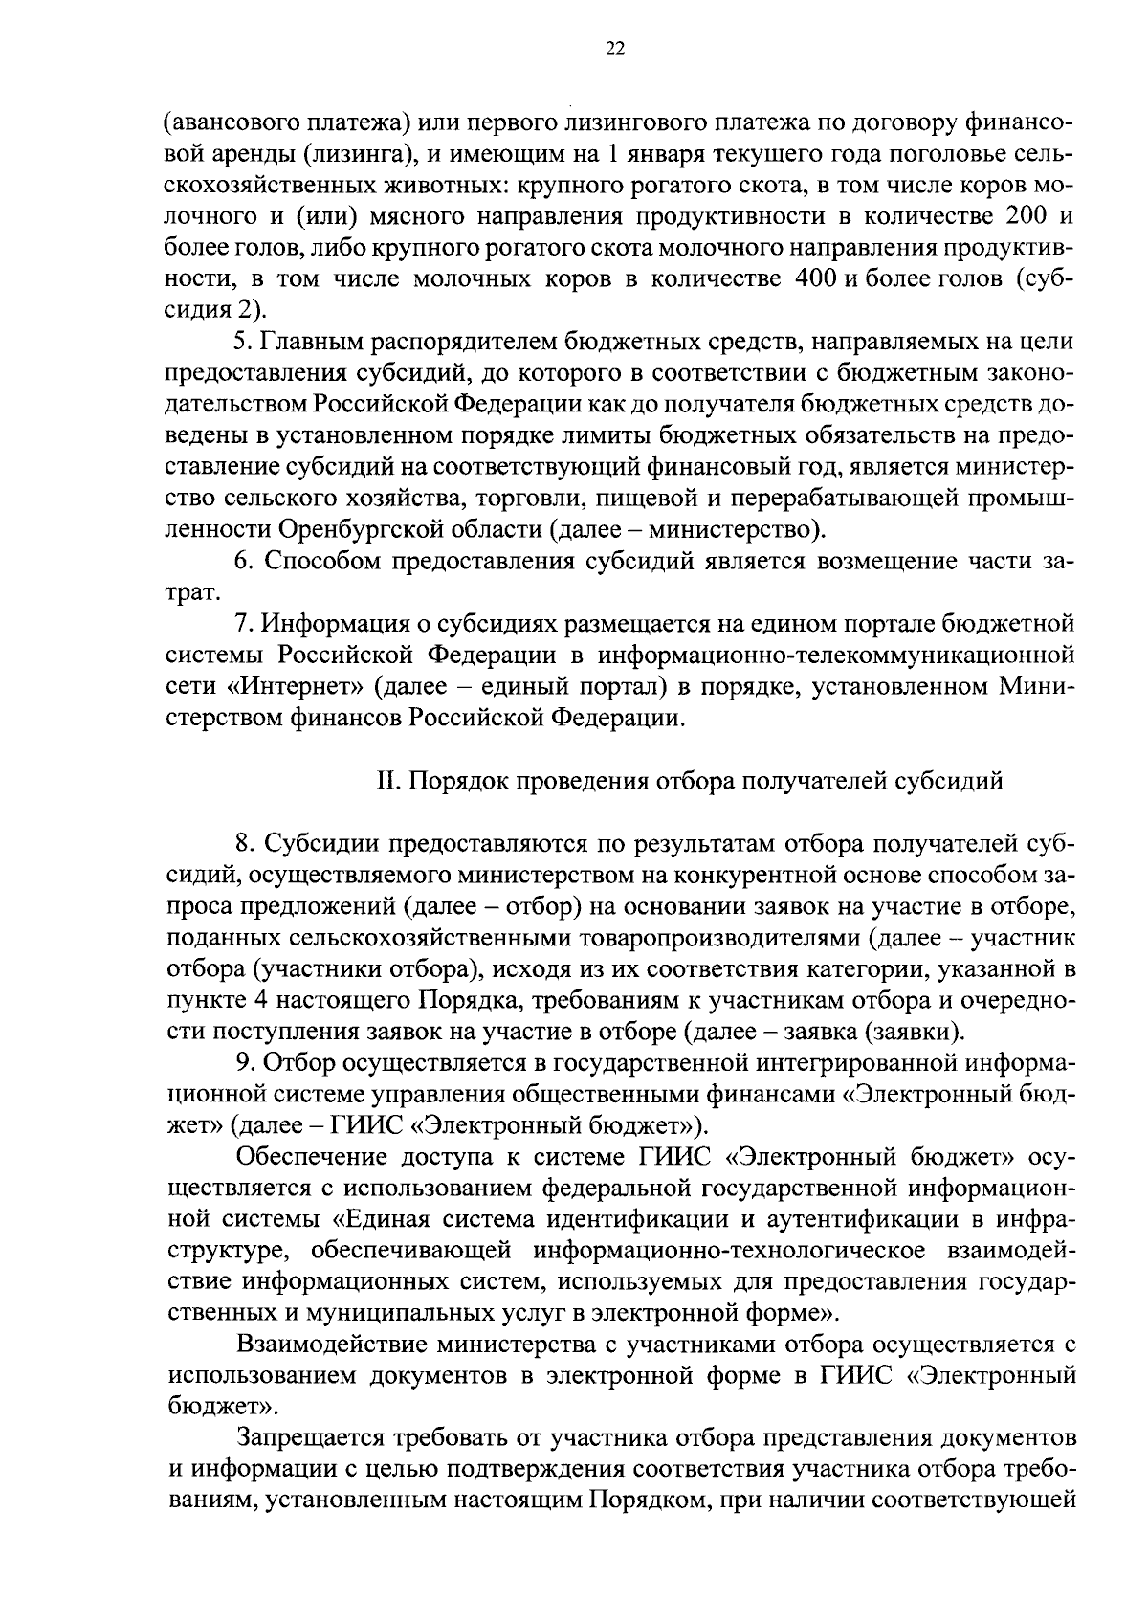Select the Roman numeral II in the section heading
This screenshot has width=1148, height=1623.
[387, 781]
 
